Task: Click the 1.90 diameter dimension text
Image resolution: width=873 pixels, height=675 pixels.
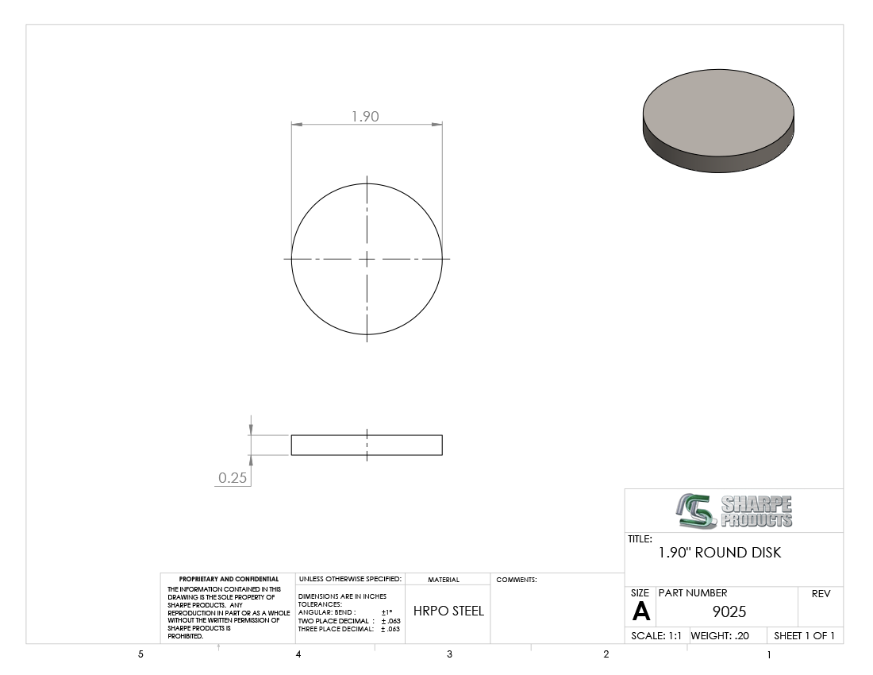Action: [365, 117]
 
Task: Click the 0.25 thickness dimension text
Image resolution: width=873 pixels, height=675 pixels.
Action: [233, 477]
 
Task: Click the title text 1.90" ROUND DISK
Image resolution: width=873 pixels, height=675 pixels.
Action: [719, 553]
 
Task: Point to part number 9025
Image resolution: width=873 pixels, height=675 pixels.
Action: [729, 611]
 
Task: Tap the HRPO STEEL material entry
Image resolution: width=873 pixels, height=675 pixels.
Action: [448, 611]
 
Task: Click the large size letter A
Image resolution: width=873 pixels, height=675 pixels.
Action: [640, 611]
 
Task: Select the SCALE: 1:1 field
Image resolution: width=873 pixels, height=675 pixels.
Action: [656, 635]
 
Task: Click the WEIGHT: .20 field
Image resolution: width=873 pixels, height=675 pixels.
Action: [720, 635]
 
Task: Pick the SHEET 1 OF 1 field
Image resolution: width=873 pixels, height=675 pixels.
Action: [804, 635]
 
